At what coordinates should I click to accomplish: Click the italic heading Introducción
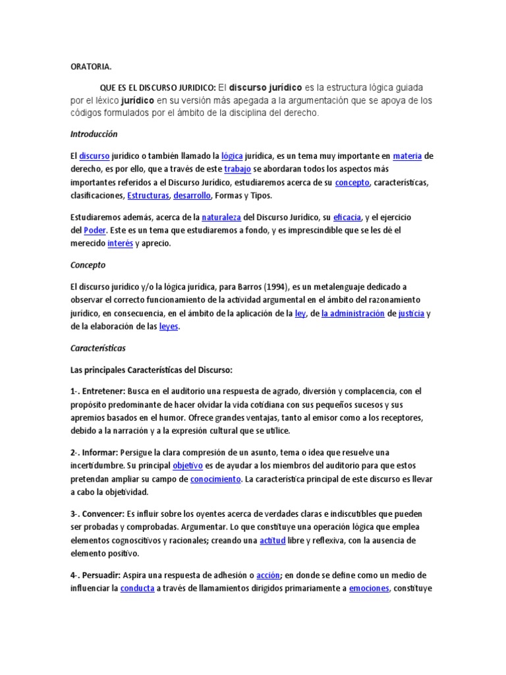pyautogui.click(x=94, y=134)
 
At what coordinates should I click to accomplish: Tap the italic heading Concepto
pyautogui.click(x=88, y=265)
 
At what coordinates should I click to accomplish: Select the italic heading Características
pyautogui.click(x=98, y=347)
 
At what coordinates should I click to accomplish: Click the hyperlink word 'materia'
pyautogui.click(x=407, y=156)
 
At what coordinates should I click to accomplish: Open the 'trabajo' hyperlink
pyautogui.click(x=238, y=169)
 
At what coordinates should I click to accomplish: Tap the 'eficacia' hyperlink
pyautogui.click(x=347, y=217)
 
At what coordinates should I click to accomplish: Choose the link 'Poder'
pyautogui.click(x=95, y=230)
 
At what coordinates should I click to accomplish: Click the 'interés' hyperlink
pyautogui.click(x=120, y=243)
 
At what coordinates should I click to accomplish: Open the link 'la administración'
pyautogui.click(x=352, y=314)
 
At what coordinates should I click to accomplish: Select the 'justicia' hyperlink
pyautogui.click(x=412, y=314)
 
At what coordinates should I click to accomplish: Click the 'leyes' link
pyautogui.click(x=169, y=326)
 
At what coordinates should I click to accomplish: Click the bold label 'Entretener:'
pyautogui.click(x=103, y=391)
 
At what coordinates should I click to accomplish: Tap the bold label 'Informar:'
pyautogui.click(x=100, y=452)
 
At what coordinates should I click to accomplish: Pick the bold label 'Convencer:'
pyautogui.click(x=103, y=514)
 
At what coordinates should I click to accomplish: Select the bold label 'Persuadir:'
pyautogui.click(x=102, y=575)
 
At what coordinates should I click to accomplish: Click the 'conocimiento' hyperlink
pyautogui.click(x=215, y=479)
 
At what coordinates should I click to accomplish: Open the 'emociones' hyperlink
pyautogui.click(x=369, y=588)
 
